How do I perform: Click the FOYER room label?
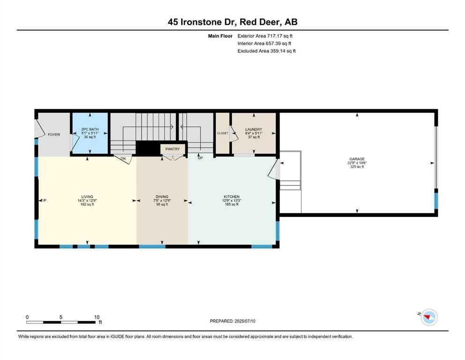click(54, 135)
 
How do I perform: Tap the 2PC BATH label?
click(90, 129)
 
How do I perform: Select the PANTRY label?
click(173, 149)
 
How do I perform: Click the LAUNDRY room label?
click(253, 129)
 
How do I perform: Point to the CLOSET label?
click(223, 133)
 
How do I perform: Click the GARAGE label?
click(357, 159)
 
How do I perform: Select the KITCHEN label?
click(232, 197)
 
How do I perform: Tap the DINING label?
click(162, 197)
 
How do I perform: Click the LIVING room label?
click(87, 197)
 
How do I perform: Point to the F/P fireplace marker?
click(44, 201)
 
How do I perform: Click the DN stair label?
click(123, 159)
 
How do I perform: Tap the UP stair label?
click(200, 158)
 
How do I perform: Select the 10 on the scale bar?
click(96, 317)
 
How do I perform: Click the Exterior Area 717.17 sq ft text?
click(265, 36)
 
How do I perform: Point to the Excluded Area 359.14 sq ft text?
click(266, 51)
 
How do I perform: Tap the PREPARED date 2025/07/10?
click(244, 321)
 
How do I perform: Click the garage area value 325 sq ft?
click(357, 167)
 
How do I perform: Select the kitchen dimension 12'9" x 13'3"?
click(232, 201)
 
